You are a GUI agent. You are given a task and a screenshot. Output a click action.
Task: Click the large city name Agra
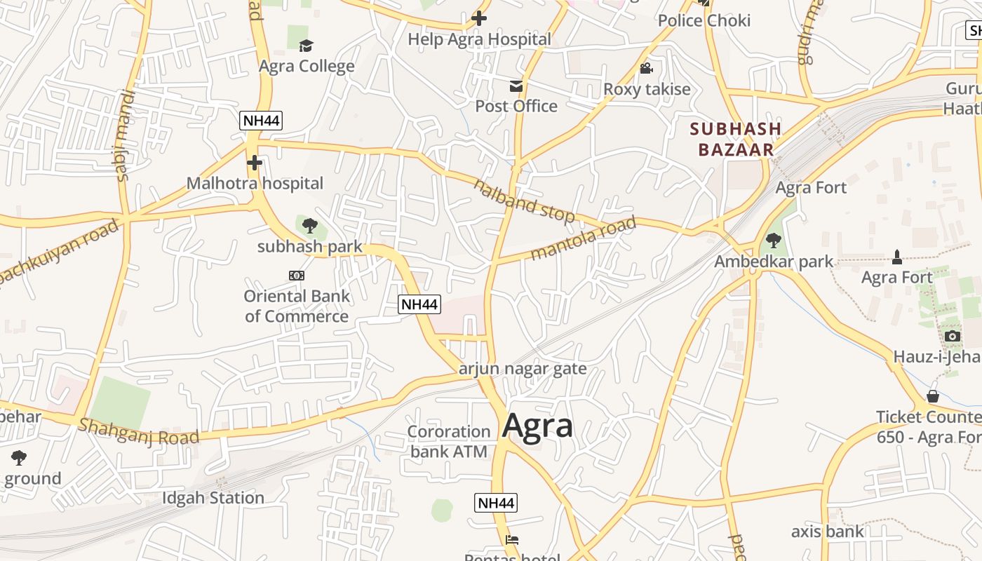point(538,426)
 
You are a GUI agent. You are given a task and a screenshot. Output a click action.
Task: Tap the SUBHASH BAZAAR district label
point(735,139)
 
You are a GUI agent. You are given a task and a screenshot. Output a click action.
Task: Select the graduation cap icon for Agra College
point(306,46)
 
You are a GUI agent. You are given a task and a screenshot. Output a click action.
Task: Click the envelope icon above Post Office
point(516,86)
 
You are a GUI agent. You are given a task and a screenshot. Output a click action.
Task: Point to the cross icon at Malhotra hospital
point(255,163)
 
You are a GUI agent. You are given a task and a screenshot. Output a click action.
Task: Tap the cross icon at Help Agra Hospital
point(479,18)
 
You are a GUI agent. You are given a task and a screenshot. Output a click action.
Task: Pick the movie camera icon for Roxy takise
point(647,69)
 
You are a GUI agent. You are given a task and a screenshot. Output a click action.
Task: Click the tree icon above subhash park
point(309,226)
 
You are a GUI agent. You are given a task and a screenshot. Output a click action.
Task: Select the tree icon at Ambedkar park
point(774,241)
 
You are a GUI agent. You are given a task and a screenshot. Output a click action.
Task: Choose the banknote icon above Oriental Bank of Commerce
point(297,276)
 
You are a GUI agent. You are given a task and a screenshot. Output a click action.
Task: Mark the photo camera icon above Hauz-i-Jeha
point(952,336)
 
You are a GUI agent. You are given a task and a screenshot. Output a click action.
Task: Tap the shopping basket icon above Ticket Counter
point(933,396)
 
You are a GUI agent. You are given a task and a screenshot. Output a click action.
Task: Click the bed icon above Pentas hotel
point(513,540)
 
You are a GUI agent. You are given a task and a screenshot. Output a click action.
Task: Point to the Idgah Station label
point(213,498)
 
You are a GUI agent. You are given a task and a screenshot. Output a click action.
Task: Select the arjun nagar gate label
point(523,369)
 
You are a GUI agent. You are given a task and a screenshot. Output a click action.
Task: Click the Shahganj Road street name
point(138,431)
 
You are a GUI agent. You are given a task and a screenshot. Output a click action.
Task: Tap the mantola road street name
point(583,238)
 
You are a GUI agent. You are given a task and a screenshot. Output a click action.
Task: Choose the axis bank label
point(828,531)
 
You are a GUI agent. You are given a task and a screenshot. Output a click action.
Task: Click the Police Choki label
point(704,20)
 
